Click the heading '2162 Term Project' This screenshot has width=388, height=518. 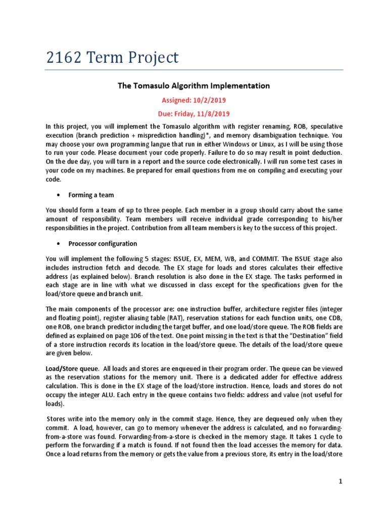[112, 58]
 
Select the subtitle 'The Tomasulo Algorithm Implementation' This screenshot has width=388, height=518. [193, 86]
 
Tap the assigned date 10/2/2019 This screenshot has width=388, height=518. [212, 100]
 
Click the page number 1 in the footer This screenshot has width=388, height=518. [341, 482]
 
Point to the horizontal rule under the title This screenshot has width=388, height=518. [194, 69]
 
